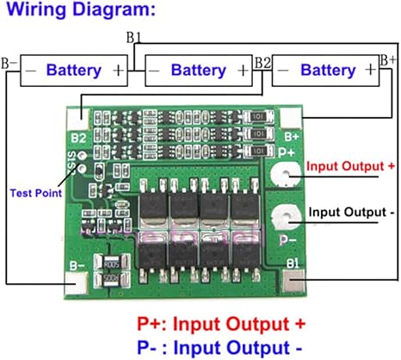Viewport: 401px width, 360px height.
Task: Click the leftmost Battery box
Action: click(74, 70)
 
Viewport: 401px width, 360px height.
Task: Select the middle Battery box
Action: click(199, 70)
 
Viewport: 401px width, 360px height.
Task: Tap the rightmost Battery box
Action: click(325, 70)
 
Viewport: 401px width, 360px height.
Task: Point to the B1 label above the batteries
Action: click(135, 38)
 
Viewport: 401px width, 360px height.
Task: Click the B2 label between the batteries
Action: click(263, 62)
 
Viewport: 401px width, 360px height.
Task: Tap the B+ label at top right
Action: click(389, 59)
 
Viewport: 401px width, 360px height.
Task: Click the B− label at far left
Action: click(9, 63)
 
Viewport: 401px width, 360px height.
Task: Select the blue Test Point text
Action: click(35, 193)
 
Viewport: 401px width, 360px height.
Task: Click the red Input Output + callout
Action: click(350, 166)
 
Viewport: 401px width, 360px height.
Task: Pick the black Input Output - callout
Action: click(352, 211)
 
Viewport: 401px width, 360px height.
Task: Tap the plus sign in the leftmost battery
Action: click(118, 70)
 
